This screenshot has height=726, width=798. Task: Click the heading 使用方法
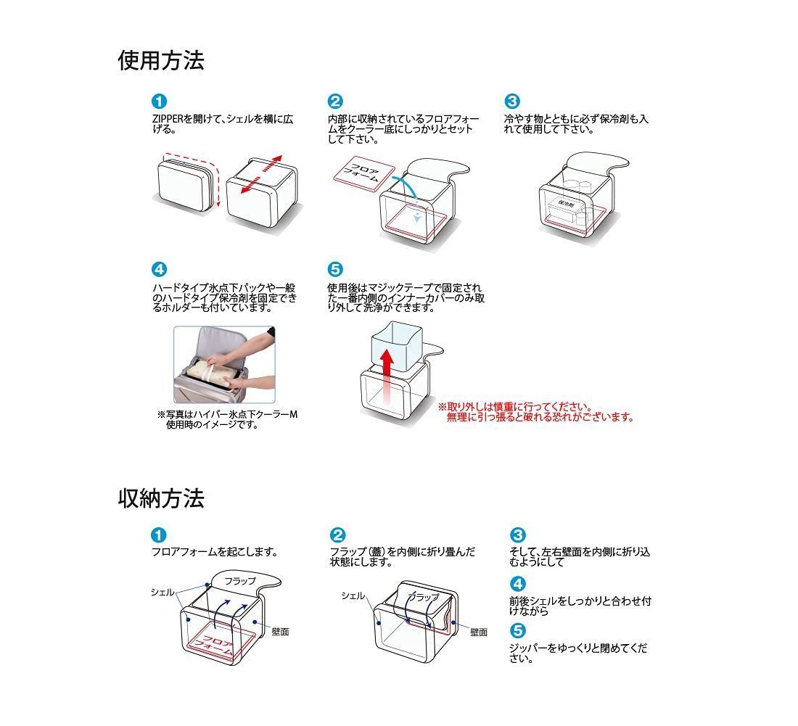[161, 61]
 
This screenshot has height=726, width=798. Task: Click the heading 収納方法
[161, 498]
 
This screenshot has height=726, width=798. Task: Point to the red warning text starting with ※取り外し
[535, 412]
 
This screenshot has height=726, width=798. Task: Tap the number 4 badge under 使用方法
[159, 270]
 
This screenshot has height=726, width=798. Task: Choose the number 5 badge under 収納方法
[518, 630]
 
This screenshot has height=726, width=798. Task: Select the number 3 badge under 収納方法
[518, 535]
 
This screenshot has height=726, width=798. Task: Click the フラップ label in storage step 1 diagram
[239, 582]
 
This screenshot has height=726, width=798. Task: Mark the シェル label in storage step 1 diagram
[162, 592]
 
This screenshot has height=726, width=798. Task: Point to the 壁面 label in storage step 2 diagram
[478, 632]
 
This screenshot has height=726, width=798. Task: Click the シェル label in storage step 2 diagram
[353, 595]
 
